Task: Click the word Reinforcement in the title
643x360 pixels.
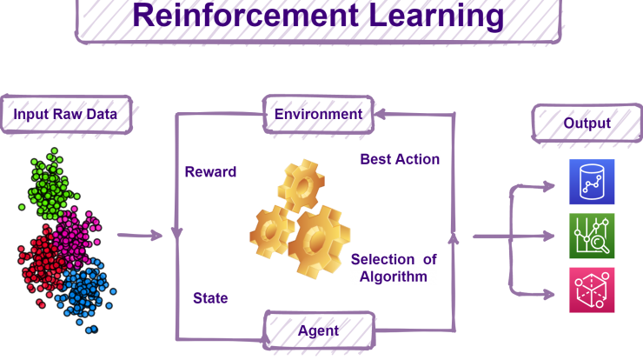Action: click(x=246, y=16)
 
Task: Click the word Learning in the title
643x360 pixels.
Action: click(x=436, y=17)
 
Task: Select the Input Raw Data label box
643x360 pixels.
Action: click(x=66, y=115)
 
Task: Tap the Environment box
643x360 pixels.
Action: click(x=318, y=115)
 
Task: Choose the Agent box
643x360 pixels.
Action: click(x=319, y=330)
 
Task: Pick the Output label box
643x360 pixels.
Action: click(x=587, y=123)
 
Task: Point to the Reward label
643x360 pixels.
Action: click(x=210, y=171)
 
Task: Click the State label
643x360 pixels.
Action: click(x=210, y=298)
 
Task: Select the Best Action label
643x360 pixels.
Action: click(x=400, y=159)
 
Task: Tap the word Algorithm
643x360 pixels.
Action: click(x=394, y=277)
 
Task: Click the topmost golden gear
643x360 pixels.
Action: click(x=302, y=186)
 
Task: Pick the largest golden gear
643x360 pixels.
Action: click(x=320, y=243)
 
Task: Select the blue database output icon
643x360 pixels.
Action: click(x=592, y=182)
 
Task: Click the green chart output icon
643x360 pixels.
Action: click(x=592, y=236)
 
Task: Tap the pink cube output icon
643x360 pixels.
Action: click(x=592, y=290)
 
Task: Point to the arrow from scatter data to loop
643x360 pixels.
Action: click(x=140, y=235)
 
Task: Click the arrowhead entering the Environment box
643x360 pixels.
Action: click(x=380, y=114)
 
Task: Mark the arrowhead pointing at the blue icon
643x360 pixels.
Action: click(x=549, y=186)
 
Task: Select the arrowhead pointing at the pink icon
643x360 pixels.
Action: click(x=549, y=294)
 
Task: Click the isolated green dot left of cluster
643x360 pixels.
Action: click(x=22, y=207)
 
